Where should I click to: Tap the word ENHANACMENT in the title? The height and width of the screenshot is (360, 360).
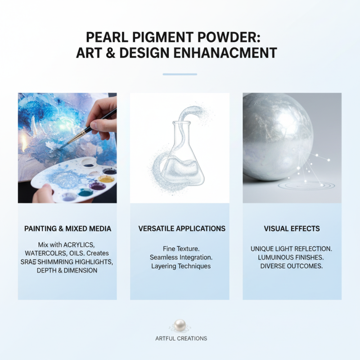[x=225, y=53]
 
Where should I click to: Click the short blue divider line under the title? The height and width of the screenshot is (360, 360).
[x=180, y=74]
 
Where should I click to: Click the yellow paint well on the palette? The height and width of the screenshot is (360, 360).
[x=107, y=179]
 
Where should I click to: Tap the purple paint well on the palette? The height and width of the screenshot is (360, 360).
[x=97, y=185]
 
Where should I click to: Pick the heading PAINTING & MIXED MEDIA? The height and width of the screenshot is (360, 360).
[x=67, y=229]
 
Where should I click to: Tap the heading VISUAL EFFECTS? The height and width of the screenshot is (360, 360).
[x=292, y=229]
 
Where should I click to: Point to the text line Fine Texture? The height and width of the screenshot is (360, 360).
[x=180, y=248]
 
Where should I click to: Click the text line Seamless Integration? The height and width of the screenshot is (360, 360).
[x=180, y=257]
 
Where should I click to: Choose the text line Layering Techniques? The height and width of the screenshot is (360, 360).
[x=180, y=266]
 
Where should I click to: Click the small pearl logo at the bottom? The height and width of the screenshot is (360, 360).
[x=180, y=325]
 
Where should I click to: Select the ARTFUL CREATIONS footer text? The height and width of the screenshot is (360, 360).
[x=180, y=338]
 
